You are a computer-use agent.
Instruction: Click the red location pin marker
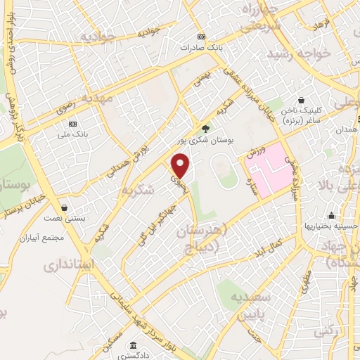(181, 166)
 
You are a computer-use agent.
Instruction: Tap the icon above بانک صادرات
(202, 37)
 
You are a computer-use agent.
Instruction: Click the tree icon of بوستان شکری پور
(205, 128)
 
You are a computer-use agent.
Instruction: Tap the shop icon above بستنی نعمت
(65, 208)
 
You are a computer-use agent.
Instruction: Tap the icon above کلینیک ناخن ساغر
(302, 101)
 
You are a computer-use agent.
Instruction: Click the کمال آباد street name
(270, 247)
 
